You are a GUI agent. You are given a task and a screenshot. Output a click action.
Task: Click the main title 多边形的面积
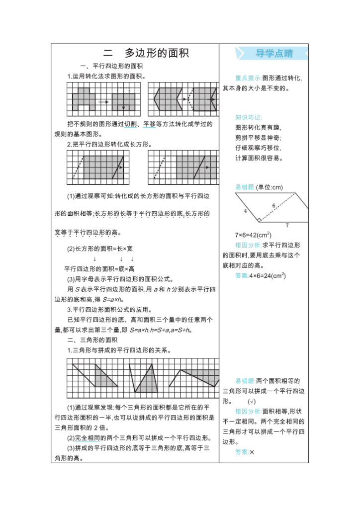click(x=157, y=53)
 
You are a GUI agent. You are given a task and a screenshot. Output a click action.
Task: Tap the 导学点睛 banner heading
click(x=274, y=53)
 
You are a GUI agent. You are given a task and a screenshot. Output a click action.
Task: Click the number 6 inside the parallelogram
click(x=273, y=205)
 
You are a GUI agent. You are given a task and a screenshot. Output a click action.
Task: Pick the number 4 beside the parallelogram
click(x=246, y=210)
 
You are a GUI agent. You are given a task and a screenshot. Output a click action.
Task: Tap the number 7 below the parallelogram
click(x=287, y=225)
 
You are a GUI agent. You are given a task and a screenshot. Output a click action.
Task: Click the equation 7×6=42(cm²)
click(x=253, y=235)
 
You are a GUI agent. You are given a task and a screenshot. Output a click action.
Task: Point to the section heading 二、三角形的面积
click(x=92, y=340)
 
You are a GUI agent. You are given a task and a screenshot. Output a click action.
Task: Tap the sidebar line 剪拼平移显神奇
click(x=259, y=138)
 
